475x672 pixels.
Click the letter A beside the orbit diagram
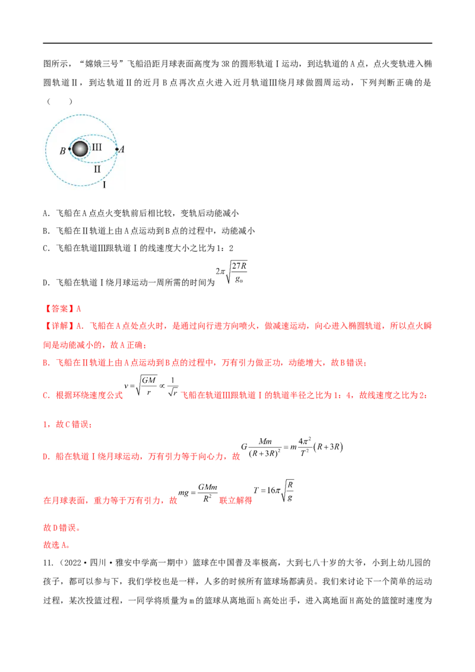122,149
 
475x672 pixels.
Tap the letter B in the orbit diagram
62,151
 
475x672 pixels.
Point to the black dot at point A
116,148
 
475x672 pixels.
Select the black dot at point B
69,148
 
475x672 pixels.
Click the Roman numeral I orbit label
104,185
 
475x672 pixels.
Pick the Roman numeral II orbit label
97,169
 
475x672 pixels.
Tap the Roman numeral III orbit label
97,147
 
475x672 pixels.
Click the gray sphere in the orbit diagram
80,148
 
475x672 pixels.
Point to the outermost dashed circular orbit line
83,115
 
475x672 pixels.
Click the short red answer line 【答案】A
64,309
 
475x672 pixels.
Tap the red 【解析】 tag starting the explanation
57,325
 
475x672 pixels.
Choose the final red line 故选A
57,545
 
